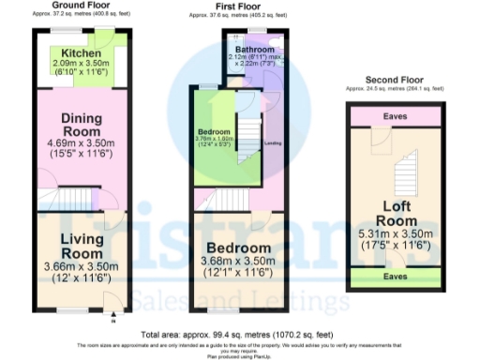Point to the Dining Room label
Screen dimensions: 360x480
click(81, 126)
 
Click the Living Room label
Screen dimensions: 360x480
click(81, 247)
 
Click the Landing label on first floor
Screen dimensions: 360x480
click(273, 143)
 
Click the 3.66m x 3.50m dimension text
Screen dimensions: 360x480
click(81, 265)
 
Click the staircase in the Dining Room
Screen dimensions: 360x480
click(77, 198)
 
